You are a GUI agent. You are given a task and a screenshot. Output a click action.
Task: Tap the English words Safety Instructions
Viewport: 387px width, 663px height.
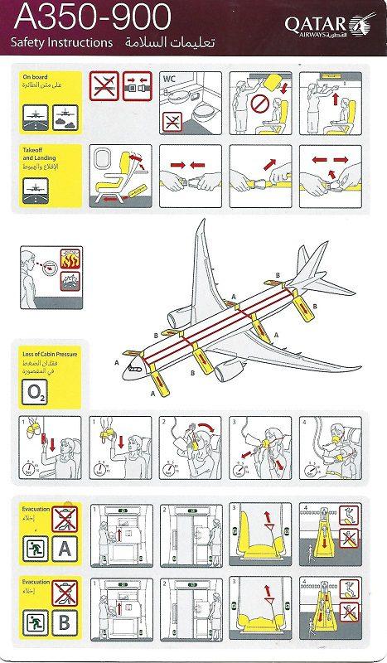(62, 41)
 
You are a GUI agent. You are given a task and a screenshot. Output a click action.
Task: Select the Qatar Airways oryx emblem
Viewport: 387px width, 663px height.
(362, 25)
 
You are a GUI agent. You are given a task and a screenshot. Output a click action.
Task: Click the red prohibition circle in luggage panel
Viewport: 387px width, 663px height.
(259, 107)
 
